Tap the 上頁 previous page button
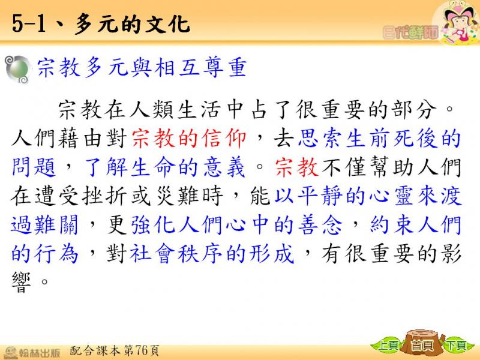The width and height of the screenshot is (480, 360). (x=388, y=346)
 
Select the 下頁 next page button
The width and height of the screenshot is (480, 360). (x=457, y=346)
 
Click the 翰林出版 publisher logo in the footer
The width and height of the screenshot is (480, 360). (x=32, y=352)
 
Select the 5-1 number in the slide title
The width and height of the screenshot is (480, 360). (x=29, y=24)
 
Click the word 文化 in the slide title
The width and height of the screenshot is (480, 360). (x=167, y=24)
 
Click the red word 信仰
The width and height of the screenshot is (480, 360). (x=224, y=139)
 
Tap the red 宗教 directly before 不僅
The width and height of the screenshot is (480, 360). (x=296, y=167)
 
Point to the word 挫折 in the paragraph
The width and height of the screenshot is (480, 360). (x=104, y=196)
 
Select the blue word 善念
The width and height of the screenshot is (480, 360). (x=321, y=224)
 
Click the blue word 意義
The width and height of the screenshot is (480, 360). (x=224, y=167)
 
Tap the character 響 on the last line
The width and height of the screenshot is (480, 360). (x=21, y=282)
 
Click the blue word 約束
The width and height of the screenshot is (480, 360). (x=392, y=224)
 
